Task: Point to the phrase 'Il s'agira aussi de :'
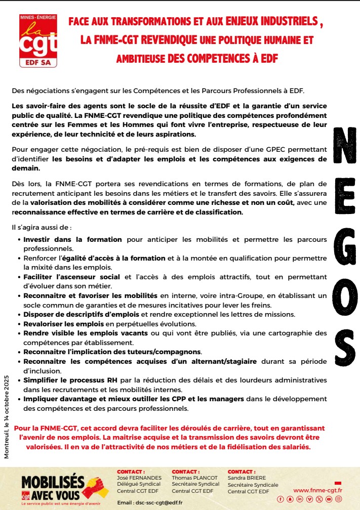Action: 38,228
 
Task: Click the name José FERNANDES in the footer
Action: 139,478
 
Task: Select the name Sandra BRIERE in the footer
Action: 248,478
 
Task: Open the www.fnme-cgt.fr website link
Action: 317,490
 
